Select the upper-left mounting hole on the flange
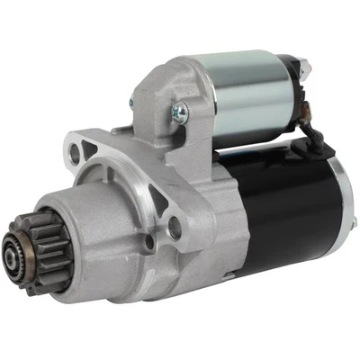tap(76, 154)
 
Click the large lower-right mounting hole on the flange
tap(174, 229)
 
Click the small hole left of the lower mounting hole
tap(149, 241)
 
